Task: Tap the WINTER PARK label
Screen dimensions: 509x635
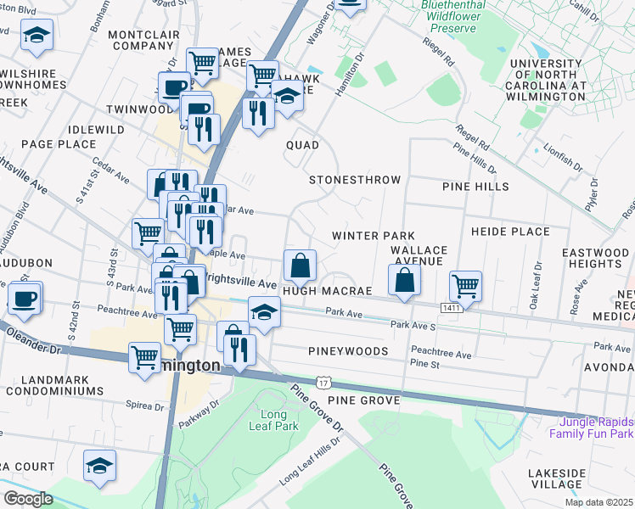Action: point(373,235)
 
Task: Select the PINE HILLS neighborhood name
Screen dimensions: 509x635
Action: point(475,186)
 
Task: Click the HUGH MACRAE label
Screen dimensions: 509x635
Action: point(328,291)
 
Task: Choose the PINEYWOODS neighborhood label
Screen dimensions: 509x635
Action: point(350,350)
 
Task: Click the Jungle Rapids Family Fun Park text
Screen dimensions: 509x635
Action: point(591,428)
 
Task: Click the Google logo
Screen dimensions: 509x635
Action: point(29,498)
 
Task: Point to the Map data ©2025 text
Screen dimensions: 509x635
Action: point(598,502)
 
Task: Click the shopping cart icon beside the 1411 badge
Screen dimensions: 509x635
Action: point(466,286)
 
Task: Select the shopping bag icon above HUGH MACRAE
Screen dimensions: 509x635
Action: point(300,266)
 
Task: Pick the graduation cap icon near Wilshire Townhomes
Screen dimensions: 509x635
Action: point(37,35)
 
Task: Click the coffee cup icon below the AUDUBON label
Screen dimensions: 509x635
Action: point(25,298)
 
